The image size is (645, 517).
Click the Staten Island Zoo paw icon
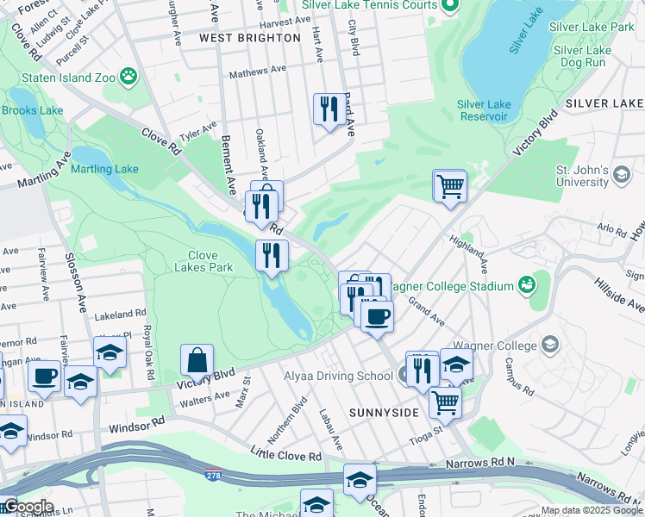[x=129, y=77]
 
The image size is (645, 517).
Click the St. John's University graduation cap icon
[x=621, y=176]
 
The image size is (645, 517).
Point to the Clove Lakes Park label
[x=210, y=261]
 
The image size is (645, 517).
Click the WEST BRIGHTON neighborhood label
[x=250, y=38]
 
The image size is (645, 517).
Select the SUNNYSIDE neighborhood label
[x=384, y=413]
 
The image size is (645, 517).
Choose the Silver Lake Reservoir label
[x=484, y=110]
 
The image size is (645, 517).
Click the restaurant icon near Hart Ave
[x=326, y=109]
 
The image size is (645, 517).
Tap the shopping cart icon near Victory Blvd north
[x=449, y=185]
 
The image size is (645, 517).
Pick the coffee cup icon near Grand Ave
[x=376, y=316]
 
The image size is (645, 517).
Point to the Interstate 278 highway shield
[x=212, y=474]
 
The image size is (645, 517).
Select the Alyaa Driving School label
[x=339, y=376]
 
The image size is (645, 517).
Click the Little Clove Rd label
[x=286, y=454]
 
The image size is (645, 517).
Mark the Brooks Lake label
[x=33, y=110]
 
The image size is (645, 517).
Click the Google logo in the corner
[x=28, y=507]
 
